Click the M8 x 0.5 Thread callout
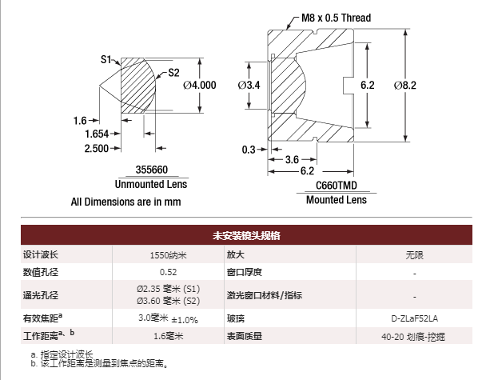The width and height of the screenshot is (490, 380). tap(336, 18)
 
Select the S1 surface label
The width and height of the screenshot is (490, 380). tap(106, 59)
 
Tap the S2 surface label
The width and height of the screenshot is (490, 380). tap(173, 73)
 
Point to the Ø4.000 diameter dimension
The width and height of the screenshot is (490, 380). tap(200, 85)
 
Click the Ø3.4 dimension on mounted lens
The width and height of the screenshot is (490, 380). tap(249, 85)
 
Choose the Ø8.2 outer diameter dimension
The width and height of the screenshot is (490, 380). tap(405, 85)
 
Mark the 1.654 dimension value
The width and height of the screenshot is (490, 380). tap(97, 134)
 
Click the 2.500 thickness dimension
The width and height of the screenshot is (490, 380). tap(97, 148)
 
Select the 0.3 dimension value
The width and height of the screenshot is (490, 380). tap(249, 150)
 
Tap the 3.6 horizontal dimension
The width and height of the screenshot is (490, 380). tap(292, 159)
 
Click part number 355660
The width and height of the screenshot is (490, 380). tap(152, 170)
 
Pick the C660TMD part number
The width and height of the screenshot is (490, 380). tap(337, 186)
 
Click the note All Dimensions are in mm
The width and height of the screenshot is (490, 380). tap(125, 202)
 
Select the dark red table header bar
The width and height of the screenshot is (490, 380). tap(246, 235)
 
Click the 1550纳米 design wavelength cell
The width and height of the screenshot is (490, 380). tap(168, 255)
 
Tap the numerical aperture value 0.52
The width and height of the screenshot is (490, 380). tap(168, 272)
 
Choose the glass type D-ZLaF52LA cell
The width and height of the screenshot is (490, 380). tap(414, 318)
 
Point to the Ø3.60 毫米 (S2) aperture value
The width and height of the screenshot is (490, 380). tap(168, 301)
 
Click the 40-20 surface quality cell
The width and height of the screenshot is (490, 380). tap(413, 337)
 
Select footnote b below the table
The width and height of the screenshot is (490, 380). tap(99, 363)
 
